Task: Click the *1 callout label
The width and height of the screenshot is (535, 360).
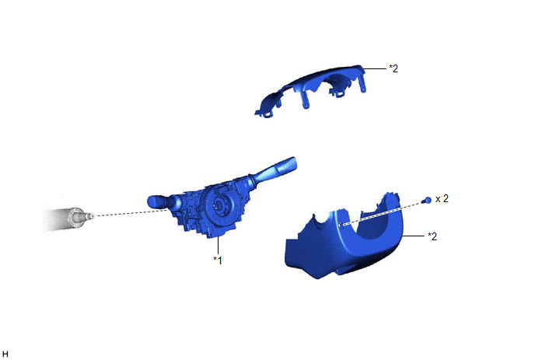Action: point(218,260)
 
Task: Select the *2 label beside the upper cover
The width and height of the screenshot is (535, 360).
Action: point(393,68)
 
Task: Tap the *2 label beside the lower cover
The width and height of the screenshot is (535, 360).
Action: point(432,236)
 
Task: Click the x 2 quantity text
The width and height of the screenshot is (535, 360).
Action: point(442,198)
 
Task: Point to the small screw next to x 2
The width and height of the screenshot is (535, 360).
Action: point(427,201)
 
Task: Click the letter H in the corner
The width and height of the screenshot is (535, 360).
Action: point(5,355)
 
